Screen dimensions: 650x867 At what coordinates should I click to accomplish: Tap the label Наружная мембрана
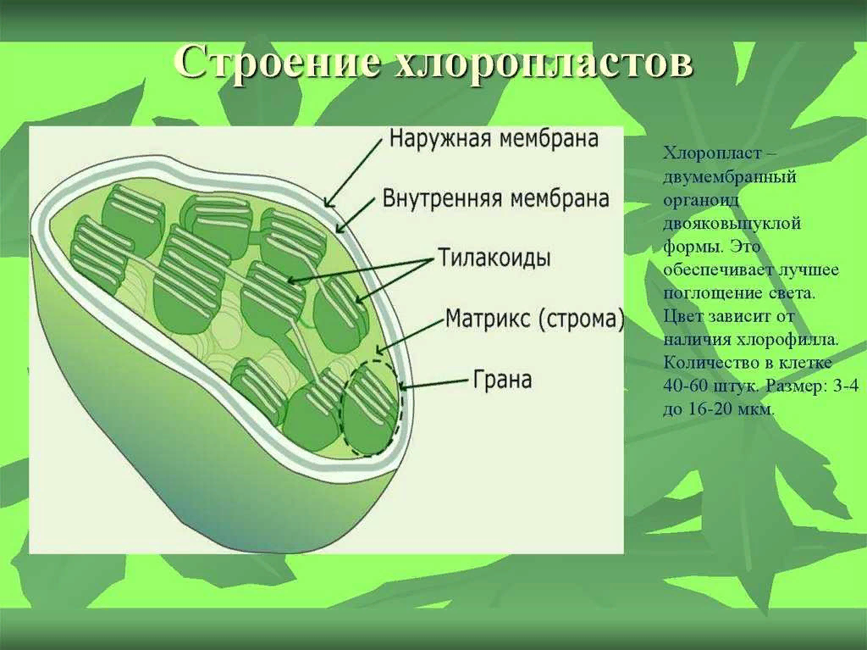(x=494, y=138)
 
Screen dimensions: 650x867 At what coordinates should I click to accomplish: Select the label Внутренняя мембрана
(x=496, y=199)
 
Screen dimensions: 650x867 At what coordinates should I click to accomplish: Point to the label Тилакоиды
(x=494, y=257)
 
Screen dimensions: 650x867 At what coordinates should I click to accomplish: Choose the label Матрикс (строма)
(x=534, y=319)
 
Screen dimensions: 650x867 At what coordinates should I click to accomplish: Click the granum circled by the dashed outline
(x=368, y=407)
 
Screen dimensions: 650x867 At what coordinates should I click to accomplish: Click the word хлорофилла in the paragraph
(x=797, y=339)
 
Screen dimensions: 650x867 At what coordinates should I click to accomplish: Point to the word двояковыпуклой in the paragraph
(x=732, y=224)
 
